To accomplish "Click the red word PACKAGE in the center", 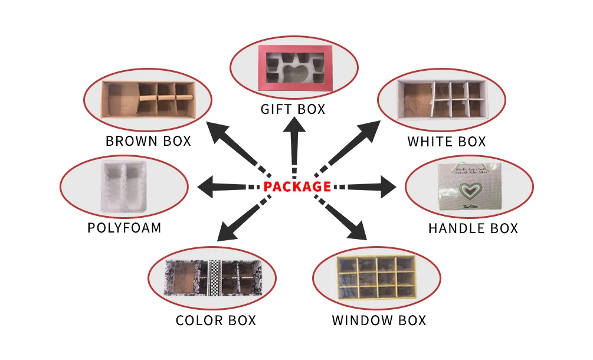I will [297, 186].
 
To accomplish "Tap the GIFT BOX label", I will [293, 110].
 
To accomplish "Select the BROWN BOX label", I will [148, 142].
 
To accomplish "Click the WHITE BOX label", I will [447, 142].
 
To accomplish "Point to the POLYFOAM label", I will [125, 228].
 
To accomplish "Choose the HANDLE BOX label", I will [473, 228].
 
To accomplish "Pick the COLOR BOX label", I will [216, 321].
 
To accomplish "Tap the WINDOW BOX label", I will [379, 321].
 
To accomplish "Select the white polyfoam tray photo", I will [124, 185].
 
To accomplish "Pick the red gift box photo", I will [293, 69].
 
